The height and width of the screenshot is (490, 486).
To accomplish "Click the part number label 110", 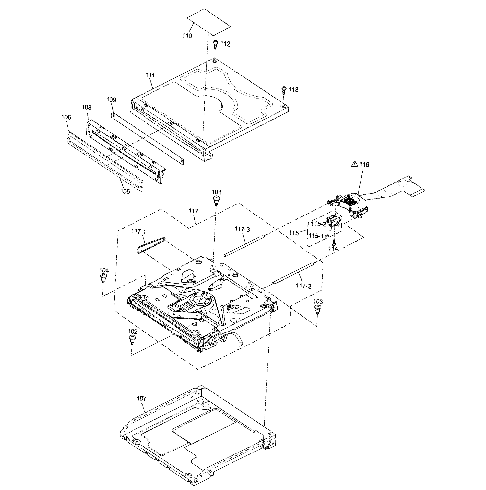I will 187,36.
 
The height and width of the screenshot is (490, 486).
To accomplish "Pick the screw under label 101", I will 216,200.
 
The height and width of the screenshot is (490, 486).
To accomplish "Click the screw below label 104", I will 103,278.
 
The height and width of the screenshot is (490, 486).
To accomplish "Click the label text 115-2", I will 318,224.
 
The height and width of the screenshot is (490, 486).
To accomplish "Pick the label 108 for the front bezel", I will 86,107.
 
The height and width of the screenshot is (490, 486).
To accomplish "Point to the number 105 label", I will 125,191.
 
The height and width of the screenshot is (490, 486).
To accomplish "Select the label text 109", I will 111,100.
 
